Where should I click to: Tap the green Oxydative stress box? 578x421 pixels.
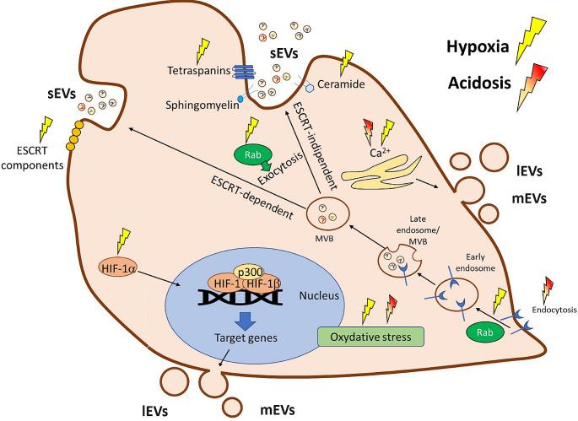(370, 334)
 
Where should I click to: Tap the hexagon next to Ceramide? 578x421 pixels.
(311, 86)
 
